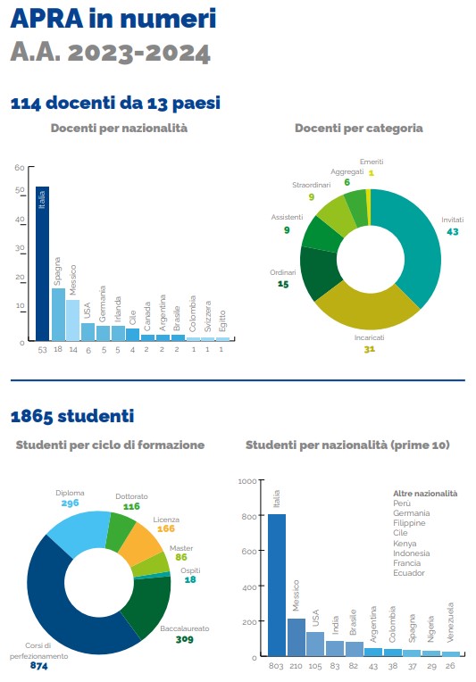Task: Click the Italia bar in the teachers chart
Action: coord(42,263)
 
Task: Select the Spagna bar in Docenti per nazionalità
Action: coord(58,314)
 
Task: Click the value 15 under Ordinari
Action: coord(283,284)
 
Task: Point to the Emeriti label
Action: coord(372,162)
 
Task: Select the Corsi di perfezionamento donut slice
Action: coord(65,609)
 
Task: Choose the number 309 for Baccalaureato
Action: coord(185,639)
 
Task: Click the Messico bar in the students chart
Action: coord(296,637)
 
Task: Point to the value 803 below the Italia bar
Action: coord(276,666)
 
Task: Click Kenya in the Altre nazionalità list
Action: coord(405,544)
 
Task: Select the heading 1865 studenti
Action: coord(72,416)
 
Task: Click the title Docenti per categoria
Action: coord(359,128)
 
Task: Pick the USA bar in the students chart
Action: coord(315,644)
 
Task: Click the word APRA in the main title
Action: coord(46,18)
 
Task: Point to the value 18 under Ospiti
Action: coord(190,579)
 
